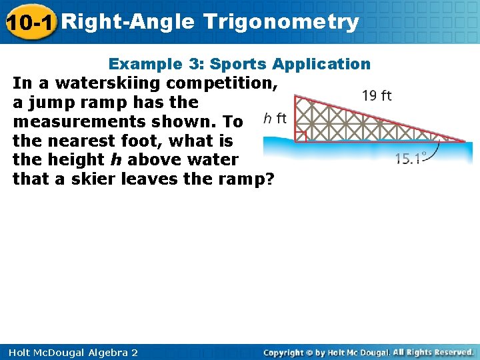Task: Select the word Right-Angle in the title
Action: [131, 21]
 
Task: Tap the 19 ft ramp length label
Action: [377, 95]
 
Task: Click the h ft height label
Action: [275, 119]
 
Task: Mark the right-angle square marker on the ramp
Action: [301, 136]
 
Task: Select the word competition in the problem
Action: [223, 83]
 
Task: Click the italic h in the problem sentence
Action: [114, 160]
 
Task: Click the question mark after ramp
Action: [269, 179]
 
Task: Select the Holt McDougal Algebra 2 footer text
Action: [70, 352]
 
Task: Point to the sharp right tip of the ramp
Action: [464, 141]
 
